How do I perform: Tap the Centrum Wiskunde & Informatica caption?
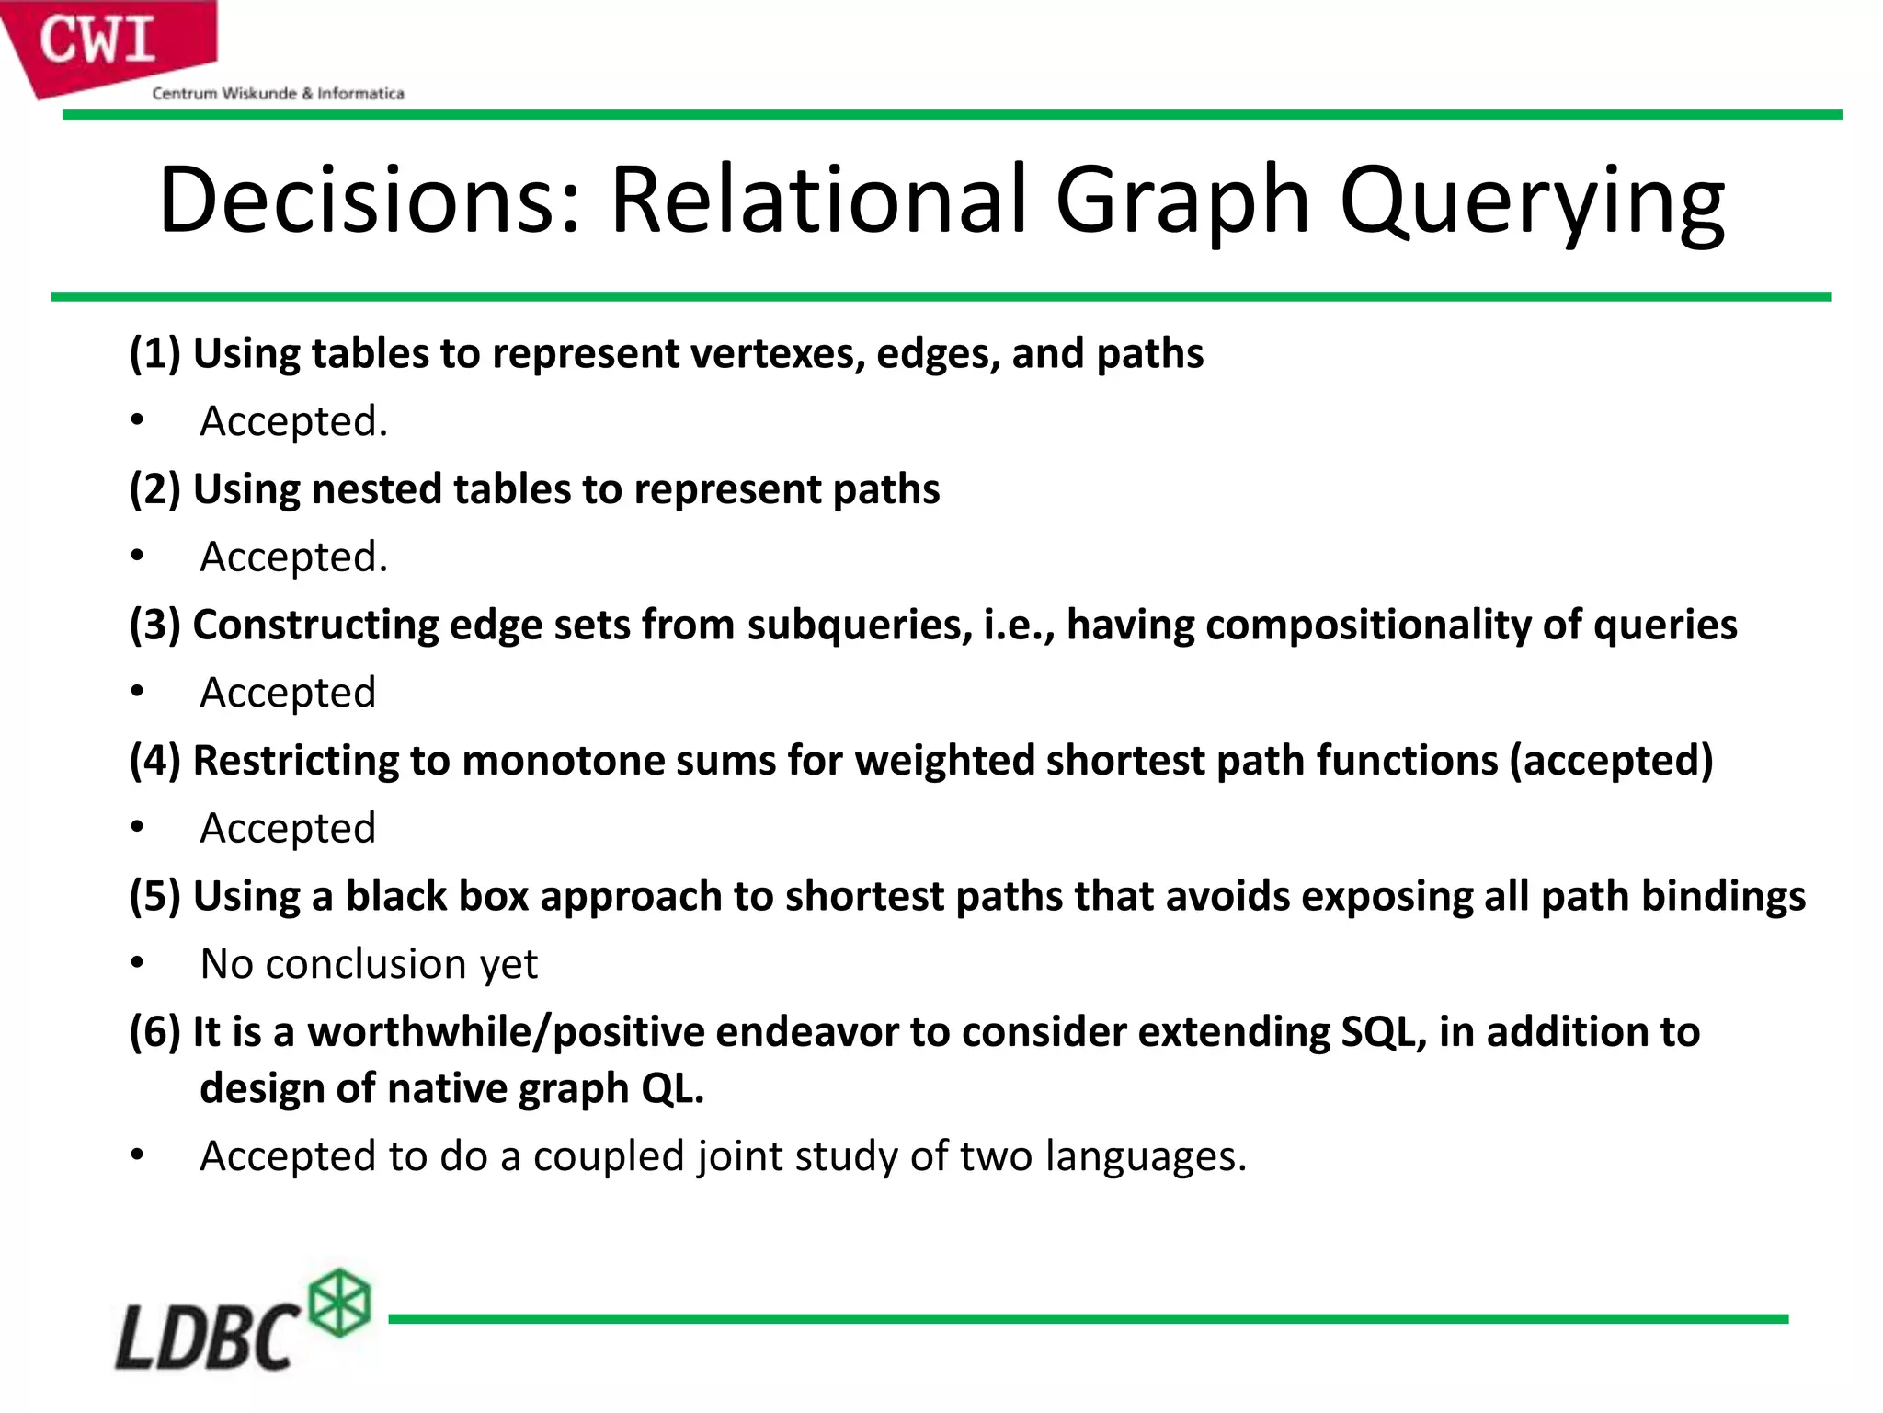coord(278,93)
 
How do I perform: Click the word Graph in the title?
coord(1181,200)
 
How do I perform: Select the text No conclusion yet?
coord(369,964)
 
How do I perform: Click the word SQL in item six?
coord(1382,1031)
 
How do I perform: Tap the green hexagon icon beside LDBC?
coord(339,1302)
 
